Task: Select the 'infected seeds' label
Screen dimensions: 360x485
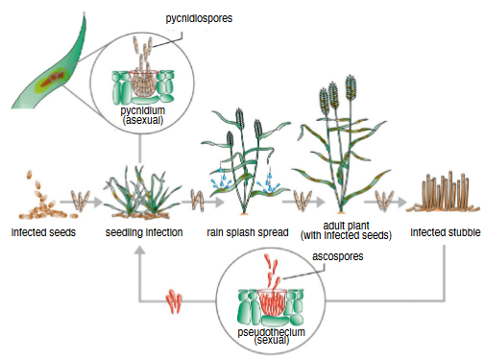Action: (x=44, y=233)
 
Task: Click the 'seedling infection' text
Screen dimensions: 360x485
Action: (x=144, y=233)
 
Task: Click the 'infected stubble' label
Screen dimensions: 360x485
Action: (x=444, y=233)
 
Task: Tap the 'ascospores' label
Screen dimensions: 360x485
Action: (x=338, y=256)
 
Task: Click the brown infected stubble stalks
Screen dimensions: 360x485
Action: (x=445, y=196)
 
